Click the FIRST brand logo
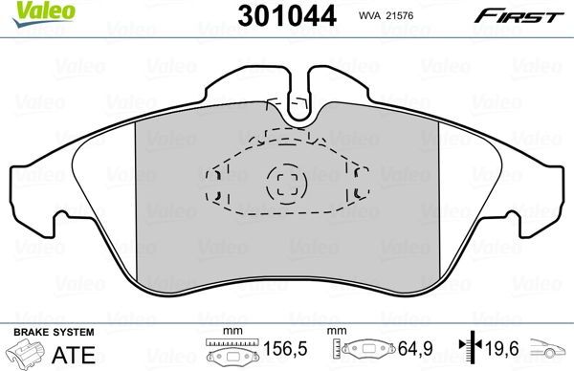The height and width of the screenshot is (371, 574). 528,14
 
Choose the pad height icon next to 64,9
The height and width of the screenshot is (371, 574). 364,352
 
